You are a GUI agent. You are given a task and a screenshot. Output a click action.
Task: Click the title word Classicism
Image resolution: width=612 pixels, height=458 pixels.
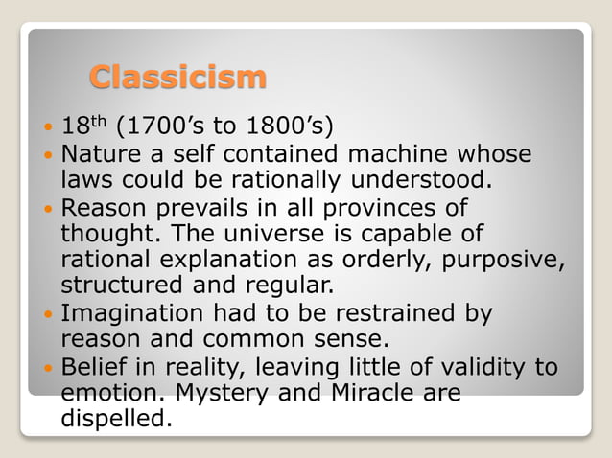tap(177, 76)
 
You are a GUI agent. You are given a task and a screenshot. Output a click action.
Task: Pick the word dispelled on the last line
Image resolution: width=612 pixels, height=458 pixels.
tap(117, 420)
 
